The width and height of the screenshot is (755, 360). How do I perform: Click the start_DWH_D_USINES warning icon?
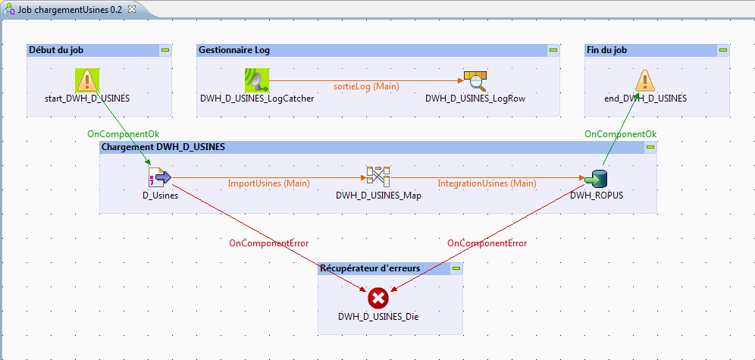(x=88, y=80)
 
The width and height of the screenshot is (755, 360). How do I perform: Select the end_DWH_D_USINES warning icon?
(x=644, y=80)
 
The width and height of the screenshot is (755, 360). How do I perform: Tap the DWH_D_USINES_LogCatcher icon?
(x=257, y=80)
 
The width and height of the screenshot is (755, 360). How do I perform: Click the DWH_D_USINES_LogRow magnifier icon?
(x=475, y=80)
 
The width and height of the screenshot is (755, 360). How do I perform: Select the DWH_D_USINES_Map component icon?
(x=378, y=177)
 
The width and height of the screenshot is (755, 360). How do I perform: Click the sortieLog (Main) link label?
(x=366, y=86)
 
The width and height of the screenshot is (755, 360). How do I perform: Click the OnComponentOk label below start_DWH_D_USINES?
(x=124, y=134)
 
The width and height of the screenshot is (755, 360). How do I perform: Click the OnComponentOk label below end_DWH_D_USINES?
(x=620, y=134)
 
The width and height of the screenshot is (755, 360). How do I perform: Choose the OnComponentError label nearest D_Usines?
(x=268, y=243)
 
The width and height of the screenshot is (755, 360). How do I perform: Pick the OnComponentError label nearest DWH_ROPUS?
(x=487, y=243)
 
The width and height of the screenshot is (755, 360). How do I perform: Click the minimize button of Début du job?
(x=164, y=50)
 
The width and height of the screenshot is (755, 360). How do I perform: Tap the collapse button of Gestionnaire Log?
(x=553, y=50)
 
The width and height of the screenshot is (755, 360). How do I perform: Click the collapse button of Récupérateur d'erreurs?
(x=456, y=268)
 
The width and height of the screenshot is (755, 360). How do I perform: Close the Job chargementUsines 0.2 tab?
(x=132, y=8)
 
